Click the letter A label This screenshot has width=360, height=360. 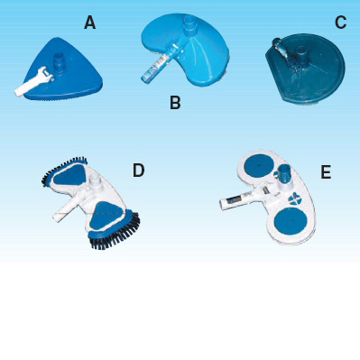click(89, 23)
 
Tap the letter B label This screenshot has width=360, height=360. click(175, 102)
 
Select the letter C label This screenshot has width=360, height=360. click(340, 23)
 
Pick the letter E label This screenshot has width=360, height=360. click(325, 171)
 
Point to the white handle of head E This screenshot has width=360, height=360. click(234, 200)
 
